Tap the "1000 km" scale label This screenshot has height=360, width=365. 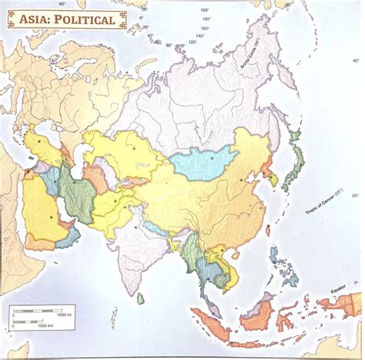pos(44,329)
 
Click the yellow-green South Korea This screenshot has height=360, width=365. pos(273,180)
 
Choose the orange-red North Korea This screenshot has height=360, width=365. pos(267,168)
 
